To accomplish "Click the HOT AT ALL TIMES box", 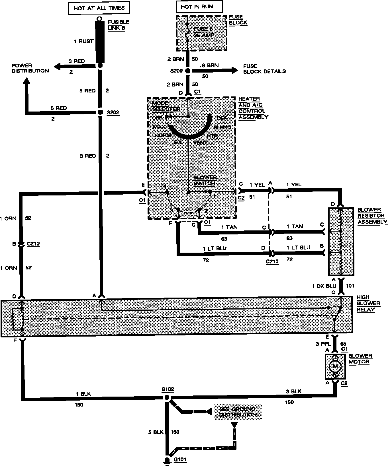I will coord(99,8).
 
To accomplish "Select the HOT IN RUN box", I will coord(197,7).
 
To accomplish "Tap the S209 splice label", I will coord(176,71).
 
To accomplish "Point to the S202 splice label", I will coord(113,113).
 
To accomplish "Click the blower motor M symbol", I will coord(335,366).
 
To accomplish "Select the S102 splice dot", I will coord(167,397).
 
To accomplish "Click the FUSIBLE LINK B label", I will coord(118,25).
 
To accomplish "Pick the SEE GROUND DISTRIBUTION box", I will coord(238,411).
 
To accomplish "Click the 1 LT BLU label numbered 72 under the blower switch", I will coord(215,248).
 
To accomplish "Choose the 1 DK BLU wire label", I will coord(324,286).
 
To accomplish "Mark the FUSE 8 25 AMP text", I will coord(204,32).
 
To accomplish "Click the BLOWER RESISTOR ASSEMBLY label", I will coord(372,216).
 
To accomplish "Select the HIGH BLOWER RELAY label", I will coord(368,303).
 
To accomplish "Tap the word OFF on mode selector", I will coord(157,117).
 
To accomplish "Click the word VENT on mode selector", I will coord(200,142).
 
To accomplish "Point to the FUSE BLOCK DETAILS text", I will coord(264,69).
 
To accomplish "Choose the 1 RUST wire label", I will coord(83,41).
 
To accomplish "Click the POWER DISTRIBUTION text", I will coord(30,68).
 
